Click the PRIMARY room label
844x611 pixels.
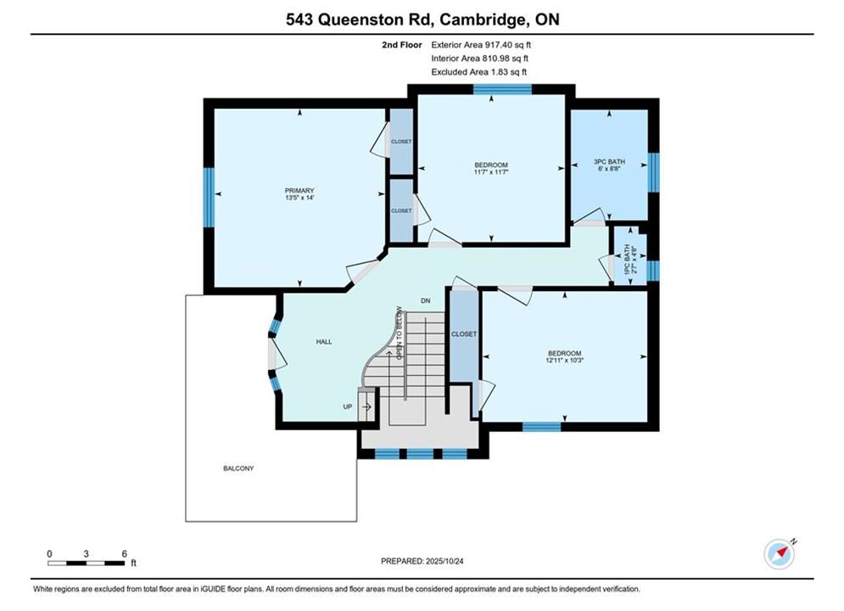point(299,191)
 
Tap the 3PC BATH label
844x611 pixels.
point(609,161)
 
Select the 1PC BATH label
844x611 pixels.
point(627,260)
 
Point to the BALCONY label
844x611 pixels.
point(238,468)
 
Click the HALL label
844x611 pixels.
point(324,341)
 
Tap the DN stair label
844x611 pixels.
point(426,300)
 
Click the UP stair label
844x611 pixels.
point(348,406)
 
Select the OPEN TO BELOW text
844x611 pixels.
point(400,333)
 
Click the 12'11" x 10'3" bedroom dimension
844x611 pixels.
point(565,360)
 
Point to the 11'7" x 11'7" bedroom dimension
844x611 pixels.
point(491,171)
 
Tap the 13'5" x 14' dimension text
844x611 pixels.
point(299,198)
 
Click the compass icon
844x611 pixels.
point(780,553)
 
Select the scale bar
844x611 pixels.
point(87,563)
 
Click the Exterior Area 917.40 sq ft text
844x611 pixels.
point(481,45)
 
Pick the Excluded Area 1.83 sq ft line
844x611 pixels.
point(479,72)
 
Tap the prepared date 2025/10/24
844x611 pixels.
point(444,561)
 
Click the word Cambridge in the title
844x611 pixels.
point(483,20)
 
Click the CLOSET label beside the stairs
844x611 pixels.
point(464,334)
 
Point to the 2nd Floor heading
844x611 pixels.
point(402,45)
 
